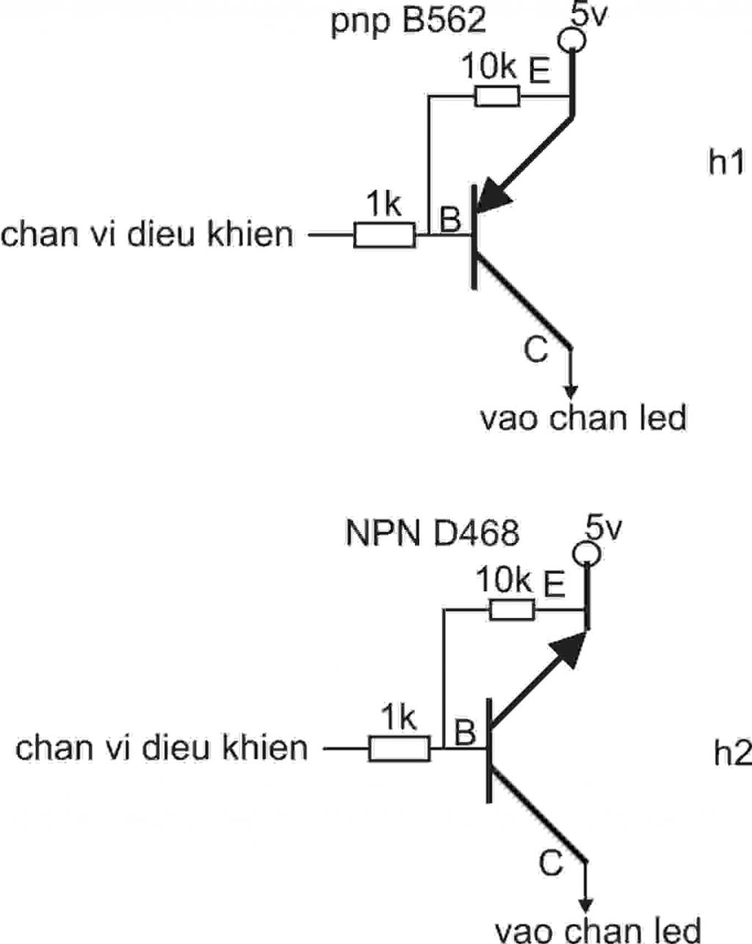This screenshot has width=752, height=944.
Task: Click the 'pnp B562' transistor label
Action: pyautogui.click(x=408, y=21)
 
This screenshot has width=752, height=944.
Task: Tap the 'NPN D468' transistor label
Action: pyautogui.click(x=433, y=533)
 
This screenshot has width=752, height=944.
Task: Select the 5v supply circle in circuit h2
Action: pyautogui.click(x=586, y=554)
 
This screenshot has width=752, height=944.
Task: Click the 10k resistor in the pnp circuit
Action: pyautogui.click(x=497, y=96)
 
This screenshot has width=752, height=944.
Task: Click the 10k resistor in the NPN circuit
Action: pyautogui.click(x=512, y=609)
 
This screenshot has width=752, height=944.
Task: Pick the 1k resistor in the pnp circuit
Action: pyautogui.click(x=385, y=235)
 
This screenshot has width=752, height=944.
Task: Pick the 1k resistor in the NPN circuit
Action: pyautogui.click(x=399, y=749)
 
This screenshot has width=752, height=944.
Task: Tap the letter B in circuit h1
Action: pyautogui.click(x=450, y=218)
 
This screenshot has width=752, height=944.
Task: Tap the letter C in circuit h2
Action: pyautogui.click(x=550, y=863)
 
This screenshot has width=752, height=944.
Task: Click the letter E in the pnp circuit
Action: pyautogui.click(x=539, y=71)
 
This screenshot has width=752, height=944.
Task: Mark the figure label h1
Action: pyautogui.click(x=726, y=162)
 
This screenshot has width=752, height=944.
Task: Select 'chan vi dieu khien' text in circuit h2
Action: pyautogui.click(x=162, y=748)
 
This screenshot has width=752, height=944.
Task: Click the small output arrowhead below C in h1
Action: pyautogui.click(x=571, y=392)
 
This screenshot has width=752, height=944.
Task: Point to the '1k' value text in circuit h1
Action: pyautogui.click(x=383, y=203)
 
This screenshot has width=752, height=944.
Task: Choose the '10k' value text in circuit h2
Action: pyautogui.click(x=504, y=580)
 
